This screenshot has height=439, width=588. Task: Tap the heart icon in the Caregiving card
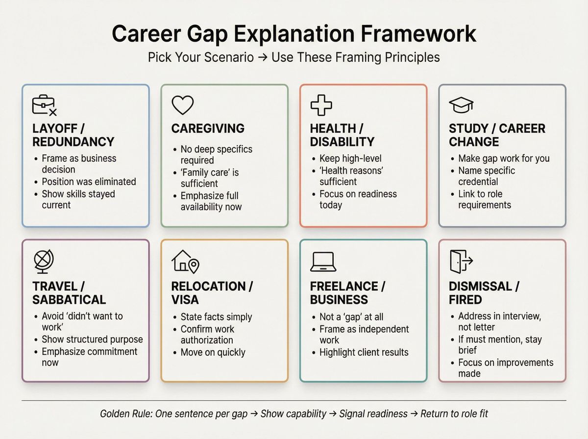(182, 105)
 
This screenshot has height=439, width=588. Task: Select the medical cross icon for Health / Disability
(321, 105)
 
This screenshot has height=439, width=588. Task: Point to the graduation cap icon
(461, 104)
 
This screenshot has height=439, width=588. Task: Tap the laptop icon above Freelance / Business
(322, 262)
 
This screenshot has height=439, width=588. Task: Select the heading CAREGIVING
(208, 128)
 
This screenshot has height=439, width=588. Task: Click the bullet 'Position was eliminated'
(89, 181)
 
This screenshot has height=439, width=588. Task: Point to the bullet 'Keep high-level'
(350, 158)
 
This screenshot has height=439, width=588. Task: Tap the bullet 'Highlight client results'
(364, 352)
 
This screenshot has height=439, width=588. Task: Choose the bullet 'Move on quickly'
(213, 352)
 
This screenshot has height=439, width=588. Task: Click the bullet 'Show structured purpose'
(92, 339)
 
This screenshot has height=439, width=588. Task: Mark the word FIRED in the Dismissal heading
(465, 299)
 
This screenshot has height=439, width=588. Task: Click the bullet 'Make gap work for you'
(504, 158)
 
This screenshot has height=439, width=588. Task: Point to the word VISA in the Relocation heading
(185, 299)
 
